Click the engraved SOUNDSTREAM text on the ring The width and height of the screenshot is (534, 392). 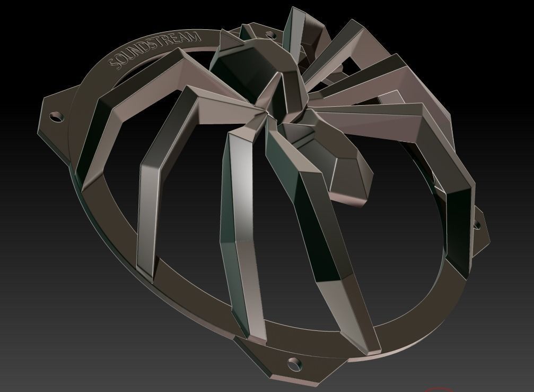click(x=155, y=50)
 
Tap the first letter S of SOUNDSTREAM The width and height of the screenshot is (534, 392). click(x=113, y=65)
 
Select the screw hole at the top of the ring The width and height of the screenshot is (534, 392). click(x=269, y=35)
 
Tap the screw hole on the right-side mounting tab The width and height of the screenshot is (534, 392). click(x=477, y=225)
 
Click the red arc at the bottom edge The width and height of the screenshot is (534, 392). click(x=435, y=389)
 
